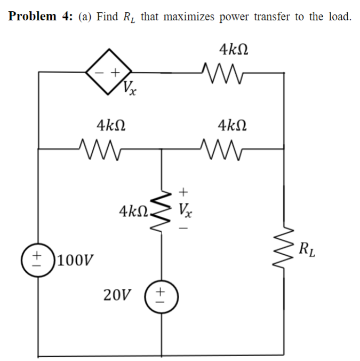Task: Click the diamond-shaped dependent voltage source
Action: click(x=109, y=70)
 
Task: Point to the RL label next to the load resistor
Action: click(x=307, y=249)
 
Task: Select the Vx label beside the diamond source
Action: click(x=129, y=87)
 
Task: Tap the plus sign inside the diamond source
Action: click(x=115, y=70)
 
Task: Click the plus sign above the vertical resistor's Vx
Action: click(x=183, y=191)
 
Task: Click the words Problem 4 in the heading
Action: click(x=40, y=16)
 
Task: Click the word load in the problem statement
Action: click(x=338, y=16)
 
